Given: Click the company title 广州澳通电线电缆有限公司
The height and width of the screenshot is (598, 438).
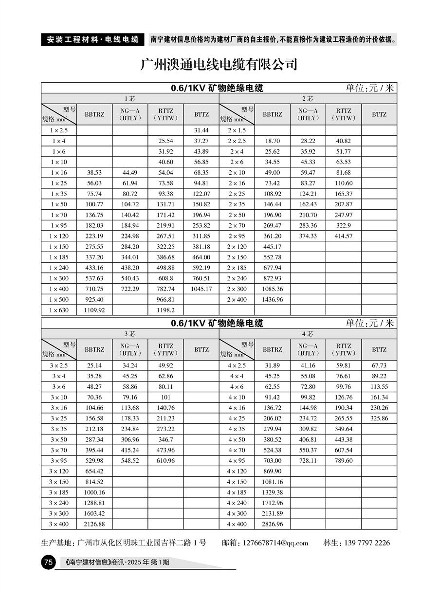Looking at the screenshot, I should (219, 65).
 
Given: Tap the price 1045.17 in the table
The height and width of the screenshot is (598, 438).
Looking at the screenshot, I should (201, 289).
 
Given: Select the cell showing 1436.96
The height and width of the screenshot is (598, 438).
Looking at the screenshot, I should (272, 300).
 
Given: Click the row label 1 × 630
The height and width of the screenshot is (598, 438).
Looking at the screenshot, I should (59, 310).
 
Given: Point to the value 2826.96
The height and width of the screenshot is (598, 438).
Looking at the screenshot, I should (272, 525).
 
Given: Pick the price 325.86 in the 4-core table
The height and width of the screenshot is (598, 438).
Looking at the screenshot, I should (379, 418).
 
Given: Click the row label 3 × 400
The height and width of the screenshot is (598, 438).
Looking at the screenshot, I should (59, 525).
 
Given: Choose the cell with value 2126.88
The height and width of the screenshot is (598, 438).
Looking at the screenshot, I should (94, 525).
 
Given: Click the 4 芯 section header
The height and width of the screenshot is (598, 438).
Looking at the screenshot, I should (308, 334).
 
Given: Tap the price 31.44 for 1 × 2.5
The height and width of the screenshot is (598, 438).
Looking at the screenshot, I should (201, 131).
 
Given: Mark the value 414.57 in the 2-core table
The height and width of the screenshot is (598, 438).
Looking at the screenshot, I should (343, 236).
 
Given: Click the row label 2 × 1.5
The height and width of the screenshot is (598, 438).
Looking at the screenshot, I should (237, 131).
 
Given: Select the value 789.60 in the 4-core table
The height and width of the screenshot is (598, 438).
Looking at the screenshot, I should (343, 461).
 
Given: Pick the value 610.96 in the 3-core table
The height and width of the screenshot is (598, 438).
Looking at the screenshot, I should (165, 461).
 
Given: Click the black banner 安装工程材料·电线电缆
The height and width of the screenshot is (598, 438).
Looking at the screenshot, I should (92, 39).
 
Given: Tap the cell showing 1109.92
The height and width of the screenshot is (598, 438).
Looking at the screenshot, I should (94, 310).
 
